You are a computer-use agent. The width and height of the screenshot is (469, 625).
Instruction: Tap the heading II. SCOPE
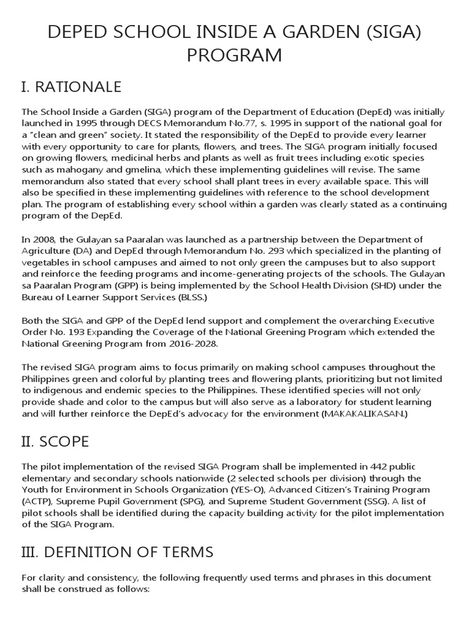click(55, 440)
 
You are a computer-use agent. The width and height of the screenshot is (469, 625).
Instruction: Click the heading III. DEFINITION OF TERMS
click(117, 552)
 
